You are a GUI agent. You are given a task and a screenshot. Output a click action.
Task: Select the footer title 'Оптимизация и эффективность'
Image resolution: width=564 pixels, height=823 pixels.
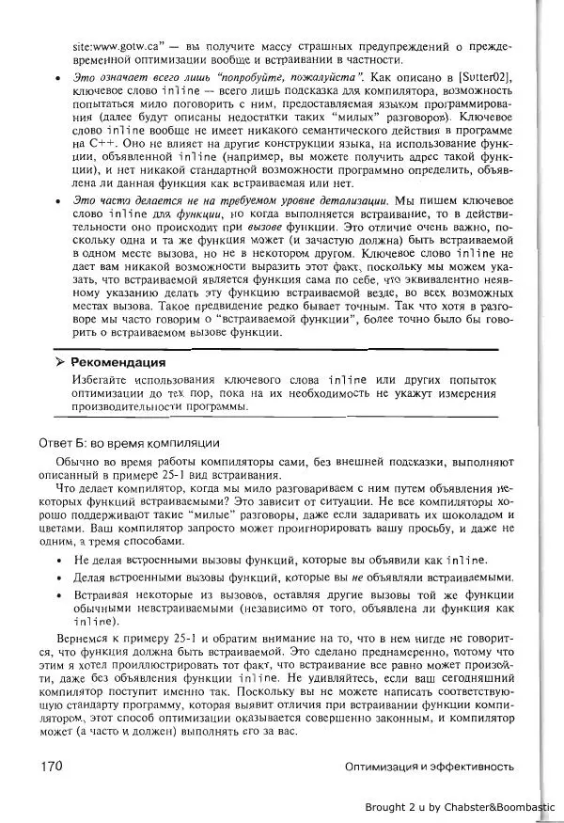point(429,767)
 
